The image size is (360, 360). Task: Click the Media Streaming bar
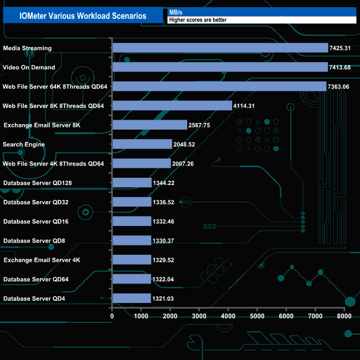[220, 48]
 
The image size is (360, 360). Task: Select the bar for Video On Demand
[220, 67]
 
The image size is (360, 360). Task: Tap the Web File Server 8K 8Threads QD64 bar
[172, 105]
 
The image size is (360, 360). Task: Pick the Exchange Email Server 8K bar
[150, 125]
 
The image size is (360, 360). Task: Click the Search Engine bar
[142, 144]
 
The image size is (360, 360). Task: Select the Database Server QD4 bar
[131, 299]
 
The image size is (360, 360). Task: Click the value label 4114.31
[244, 106]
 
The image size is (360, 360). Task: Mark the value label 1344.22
[164, 183]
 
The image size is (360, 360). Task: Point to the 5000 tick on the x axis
[257, 316]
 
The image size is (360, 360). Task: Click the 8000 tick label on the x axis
[344, 316]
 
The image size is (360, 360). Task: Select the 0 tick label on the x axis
[112, 316]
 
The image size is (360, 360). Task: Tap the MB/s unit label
[176, 12]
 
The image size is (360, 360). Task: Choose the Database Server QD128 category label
[38, 183]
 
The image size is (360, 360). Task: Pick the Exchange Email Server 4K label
[42, 260]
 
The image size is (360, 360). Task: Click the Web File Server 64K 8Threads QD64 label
[55, 86]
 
